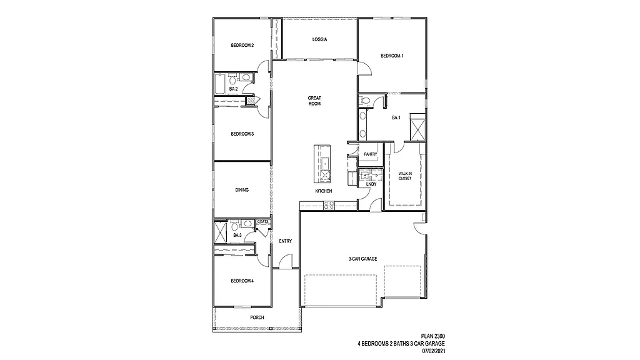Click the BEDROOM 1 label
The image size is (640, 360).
pos(392,56)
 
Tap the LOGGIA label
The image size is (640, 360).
pos(320,39)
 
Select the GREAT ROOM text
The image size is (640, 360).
pos(314,101)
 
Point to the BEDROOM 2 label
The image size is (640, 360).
pos(242,45)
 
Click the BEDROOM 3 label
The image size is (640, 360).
pos(242,134)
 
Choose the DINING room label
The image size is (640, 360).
pos(242,191)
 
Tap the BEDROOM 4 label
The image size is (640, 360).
pos(242,281)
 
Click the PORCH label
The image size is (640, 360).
pos(257,317)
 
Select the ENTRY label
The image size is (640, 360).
pos(286,241)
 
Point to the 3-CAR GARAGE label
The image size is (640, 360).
pos(362,259)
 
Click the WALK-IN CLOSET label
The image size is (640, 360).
pos(405,176)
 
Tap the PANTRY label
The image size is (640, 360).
pos(370,154)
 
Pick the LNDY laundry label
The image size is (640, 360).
pos(371,184)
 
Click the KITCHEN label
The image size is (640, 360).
pos(323,191)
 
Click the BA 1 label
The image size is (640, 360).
pos(395,117)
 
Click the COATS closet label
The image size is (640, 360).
pos(262,221)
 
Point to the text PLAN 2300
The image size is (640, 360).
pos(431,336)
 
